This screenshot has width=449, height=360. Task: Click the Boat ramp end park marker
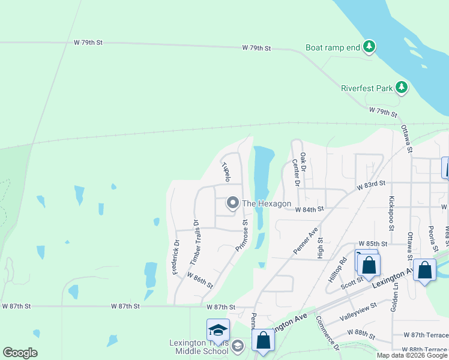tap(369, 46)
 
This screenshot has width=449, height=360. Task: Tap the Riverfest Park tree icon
tap(402, 88)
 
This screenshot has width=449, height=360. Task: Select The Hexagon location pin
tap(232, 204)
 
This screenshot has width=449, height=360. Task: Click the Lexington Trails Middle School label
tap(199, 347)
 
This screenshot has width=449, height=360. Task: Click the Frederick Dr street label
tap(176, 257)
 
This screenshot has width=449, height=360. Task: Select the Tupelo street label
tap(226, 171)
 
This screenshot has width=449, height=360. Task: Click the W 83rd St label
tap(370, 187)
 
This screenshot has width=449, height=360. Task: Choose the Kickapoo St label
tap(391, 214)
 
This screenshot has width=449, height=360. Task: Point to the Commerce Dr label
tap(328, 333)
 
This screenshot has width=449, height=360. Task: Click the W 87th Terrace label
tap(426, 334)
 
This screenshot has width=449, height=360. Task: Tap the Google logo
tap(20, 353)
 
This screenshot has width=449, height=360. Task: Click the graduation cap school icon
tap(218, 329)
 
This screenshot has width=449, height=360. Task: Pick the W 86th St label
tap(200, 280)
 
